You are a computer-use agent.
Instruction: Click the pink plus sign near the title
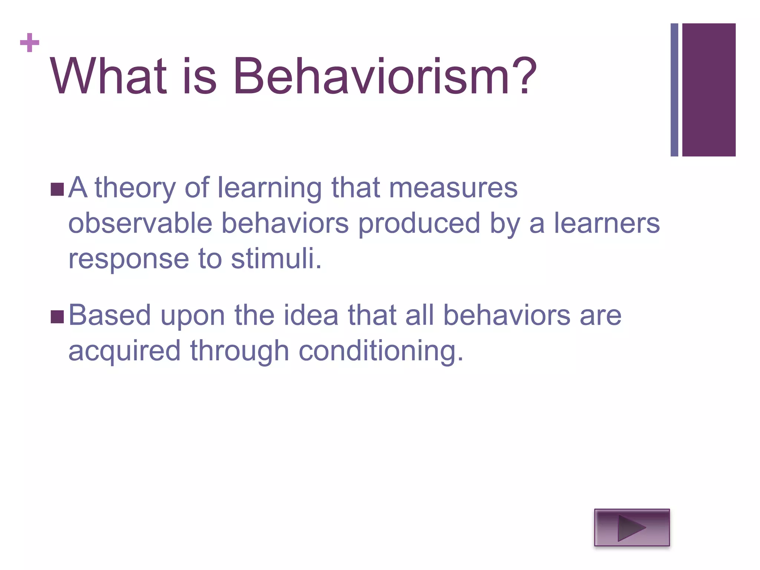click(x=30, y=43)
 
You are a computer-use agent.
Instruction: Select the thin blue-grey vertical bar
click(x=674, y=90)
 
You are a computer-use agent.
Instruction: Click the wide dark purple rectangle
click(x=709, y=90)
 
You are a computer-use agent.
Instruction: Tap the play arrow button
click(x=632, y=527)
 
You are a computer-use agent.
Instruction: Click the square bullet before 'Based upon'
click(x=57, y=317)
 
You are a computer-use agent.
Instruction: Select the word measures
click(x=453, y=188)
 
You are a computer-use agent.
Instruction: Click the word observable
click(x=140, y=223)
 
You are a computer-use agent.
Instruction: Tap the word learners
click(x=607, y=223)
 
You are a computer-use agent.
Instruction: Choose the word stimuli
click(x=275, y=259)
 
